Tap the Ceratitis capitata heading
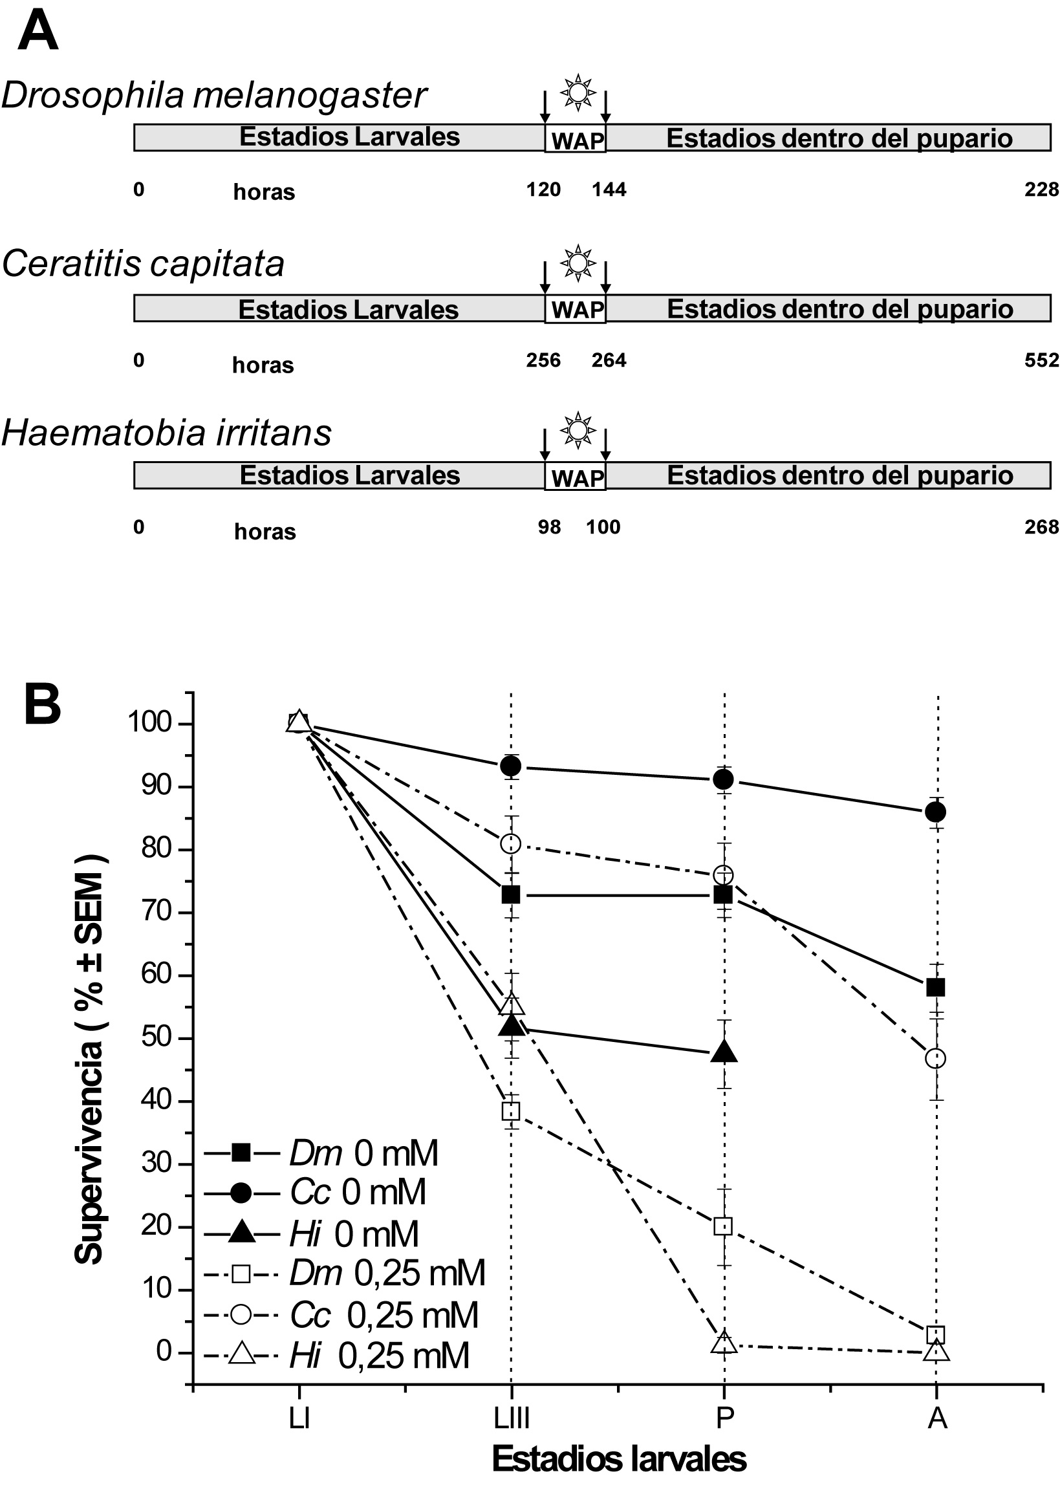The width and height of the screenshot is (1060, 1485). pyautogui.click(x=143, y=265)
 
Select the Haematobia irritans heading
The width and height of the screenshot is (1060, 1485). pyautogui.click(x=166, y=433)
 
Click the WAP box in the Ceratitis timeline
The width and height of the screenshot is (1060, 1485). pyautogui.click(x=575, y=309)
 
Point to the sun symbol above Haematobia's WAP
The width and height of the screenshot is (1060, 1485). pyautogui.click(x=578, y=430)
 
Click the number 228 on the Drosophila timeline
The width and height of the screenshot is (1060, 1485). pyautogui.click(x=1041, y=190)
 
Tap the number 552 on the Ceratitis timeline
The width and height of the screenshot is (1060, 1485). pyautogui.click(x=1041, y=360)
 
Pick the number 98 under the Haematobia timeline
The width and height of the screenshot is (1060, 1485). pyautogui.click(x=549, y=526)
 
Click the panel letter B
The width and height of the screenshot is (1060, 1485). pyautogui.click(x=43, y=704)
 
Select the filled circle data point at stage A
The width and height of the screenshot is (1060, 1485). pyautogui.click(x=936, y=812)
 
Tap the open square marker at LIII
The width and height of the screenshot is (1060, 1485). pyautogui.click(x=511, y=1111)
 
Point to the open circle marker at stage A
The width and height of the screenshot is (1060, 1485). pyautogui.click(x=936, y=1058)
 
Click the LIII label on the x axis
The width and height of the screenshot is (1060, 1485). pyautogui.click(x=511, y=1417)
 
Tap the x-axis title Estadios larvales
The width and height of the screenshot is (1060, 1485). pyautogui.click(x=619, y=1458)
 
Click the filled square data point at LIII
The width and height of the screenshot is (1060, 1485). pyautogui.click(x=511, y=894)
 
